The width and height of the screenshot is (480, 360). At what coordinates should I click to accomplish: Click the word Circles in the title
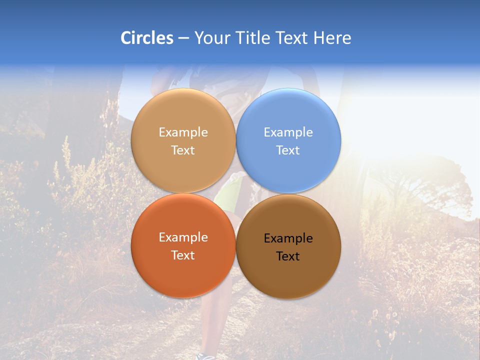(x=147, y=38)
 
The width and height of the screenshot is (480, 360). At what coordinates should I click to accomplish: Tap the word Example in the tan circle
(x=183, y=132)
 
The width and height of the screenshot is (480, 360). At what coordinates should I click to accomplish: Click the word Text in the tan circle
(x=183, y=150)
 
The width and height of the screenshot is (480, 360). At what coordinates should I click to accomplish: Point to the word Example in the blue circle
(x=288, y=132)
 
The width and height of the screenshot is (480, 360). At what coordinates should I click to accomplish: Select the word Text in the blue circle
(x=288, y=150)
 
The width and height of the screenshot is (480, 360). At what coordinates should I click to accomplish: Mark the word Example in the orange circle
(x=183, y=237)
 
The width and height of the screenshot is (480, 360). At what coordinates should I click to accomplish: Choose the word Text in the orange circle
(x=183, y=255)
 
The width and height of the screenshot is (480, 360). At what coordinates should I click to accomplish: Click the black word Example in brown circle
(x=288, y=238)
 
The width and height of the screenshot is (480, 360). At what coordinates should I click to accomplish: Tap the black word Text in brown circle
(x=288, y=256)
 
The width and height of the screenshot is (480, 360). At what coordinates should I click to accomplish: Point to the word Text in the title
(x=291, y=38)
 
